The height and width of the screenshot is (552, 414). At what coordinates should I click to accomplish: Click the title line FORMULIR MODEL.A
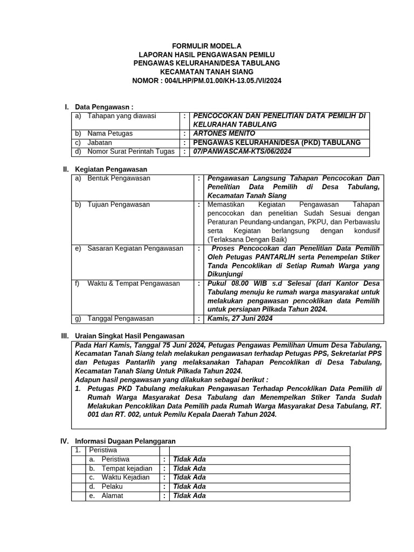coord(206,46)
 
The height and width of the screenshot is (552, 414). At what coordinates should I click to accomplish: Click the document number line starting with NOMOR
coord(206,80)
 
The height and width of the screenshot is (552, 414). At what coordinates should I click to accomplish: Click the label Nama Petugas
coord(110,133)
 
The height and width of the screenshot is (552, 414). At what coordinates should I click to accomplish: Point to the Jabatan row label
coord(100,143)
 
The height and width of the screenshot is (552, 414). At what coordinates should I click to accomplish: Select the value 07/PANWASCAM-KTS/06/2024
coord(241,152)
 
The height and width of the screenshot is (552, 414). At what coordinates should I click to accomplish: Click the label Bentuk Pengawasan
coord(119,178)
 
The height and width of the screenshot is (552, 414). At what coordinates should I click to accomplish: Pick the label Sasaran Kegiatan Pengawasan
coord(135,249)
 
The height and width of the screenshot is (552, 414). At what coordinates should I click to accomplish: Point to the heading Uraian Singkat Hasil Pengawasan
coord(129,336)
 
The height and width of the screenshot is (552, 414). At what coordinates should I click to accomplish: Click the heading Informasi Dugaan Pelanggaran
coord(125,441)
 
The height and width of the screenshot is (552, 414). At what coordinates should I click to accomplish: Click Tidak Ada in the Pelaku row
coord(189,487)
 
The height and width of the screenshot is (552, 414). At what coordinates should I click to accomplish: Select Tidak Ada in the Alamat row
coord(189,496)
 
